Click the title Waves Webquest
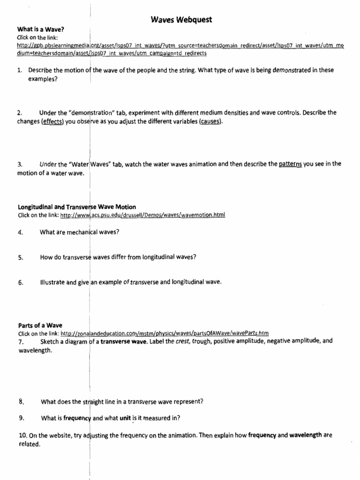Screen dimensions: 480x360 click(x=181, y=19)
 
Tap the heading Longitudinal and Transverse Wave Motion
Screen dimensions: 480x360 click(x=77, y=207)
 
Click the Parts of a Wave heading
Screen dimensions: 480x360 click(x=40, y=325)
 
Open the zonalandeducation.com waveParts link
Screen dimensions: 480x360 click(x=165, y=333)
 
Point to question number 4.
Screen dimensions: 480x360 click(x=20, y=232)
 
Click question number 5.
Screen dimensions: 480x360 click(x=20, y=257)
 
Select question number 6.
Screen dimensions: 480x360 click(x=20, y=283)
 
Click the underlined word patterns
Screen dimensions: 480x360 click(x=290, y=164)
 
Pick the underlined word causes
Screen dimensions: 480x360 click(x=210, y=122)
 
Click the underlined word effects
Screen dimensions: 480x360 click(x=52, y=122)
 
